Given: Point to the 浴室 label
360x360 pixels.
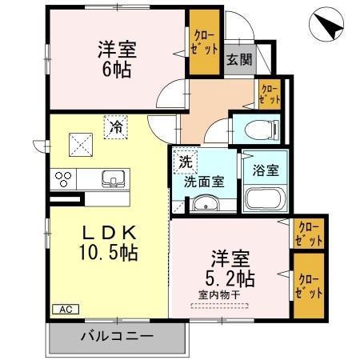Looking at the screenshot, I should (x=266, y=170).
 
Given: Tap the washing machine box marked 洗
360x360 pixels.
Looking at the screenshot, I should (x=186, y=161).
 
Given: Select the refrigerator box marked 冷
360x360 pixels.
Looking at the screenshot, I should (x=116, y=126).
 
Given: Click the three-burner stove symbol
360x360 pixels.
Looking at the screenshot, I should (x=63, y=177).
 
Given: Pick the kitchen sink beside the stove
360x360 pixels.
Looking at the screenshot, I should (x=111, y=177).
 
